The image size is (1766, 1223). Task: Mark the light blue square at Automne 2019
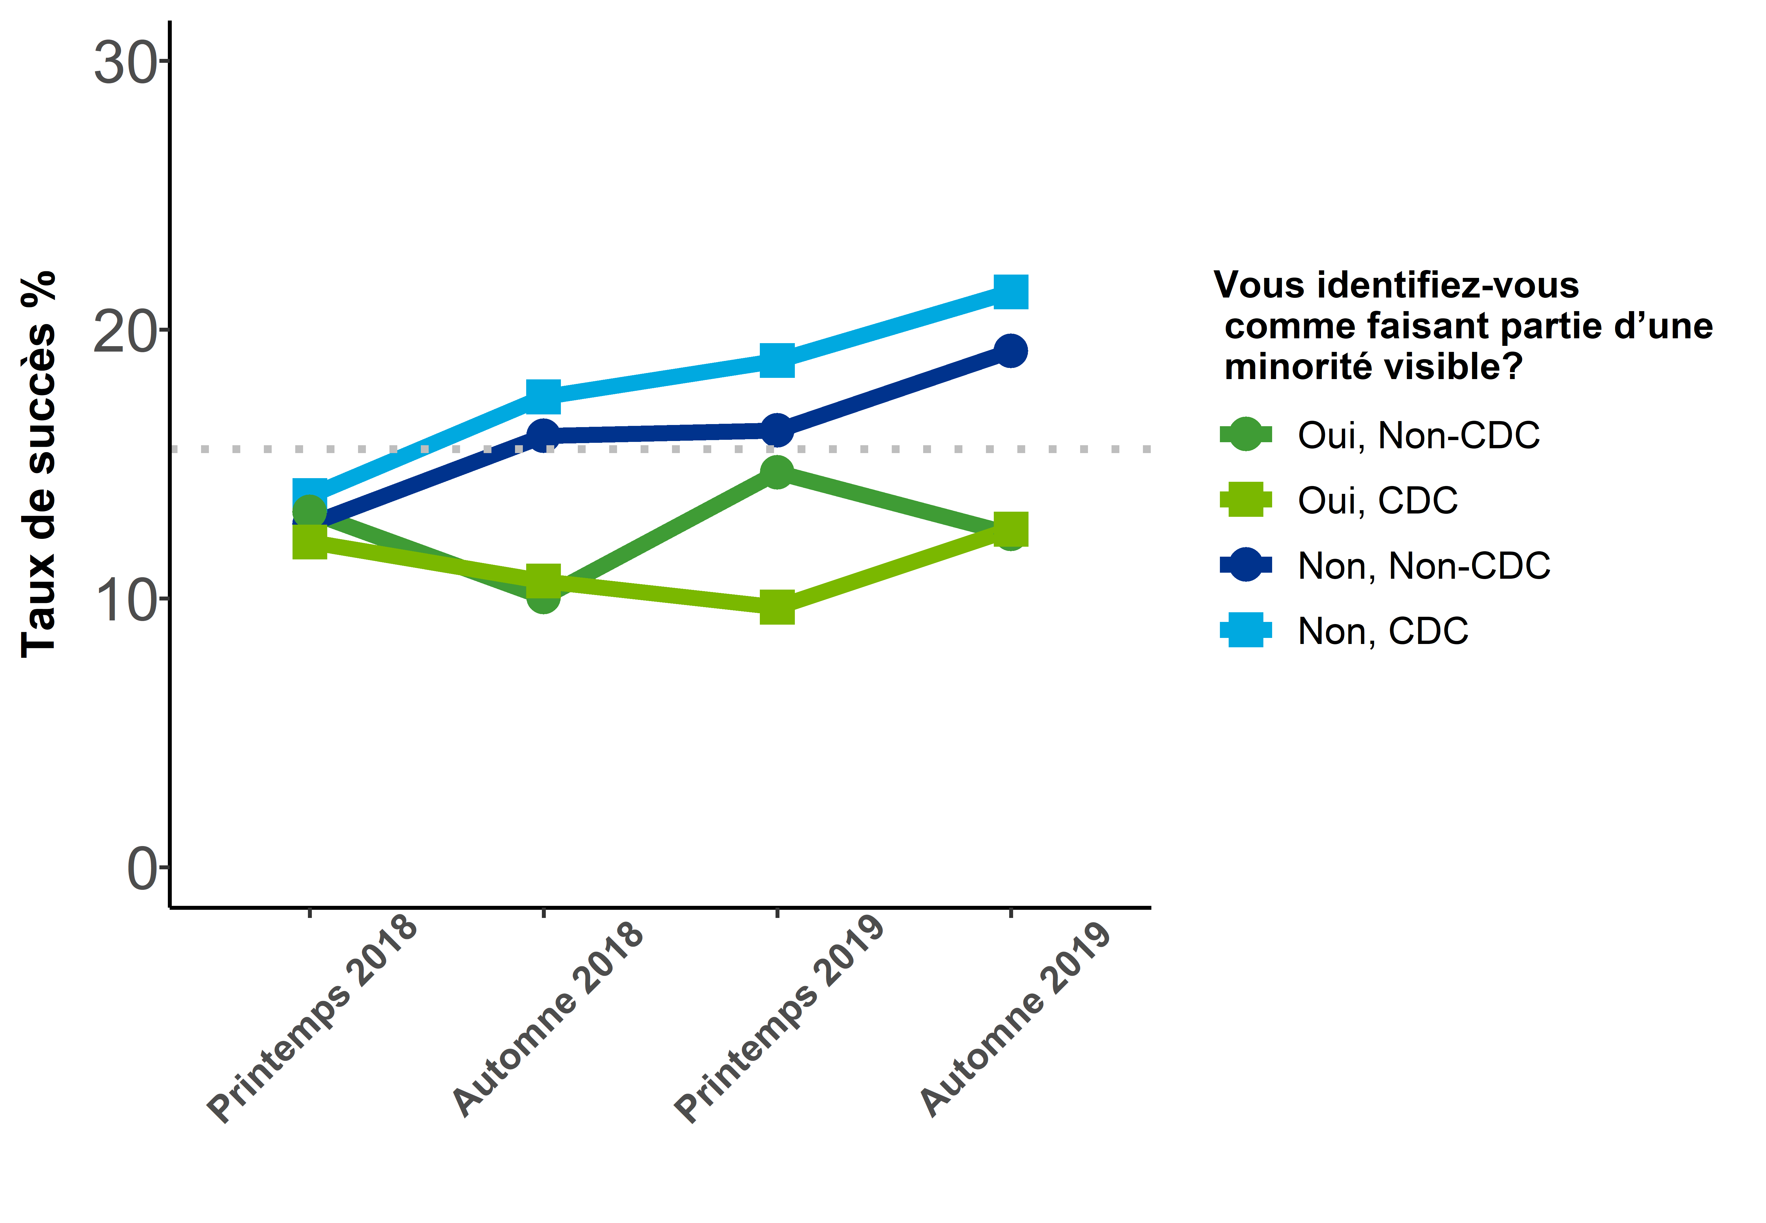[x=1011, y=292]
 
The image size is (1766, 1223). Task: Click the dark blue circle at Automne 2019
[x=1011, y=351]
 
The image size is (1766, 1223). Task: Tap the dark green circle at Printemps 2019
[x=777, y=472]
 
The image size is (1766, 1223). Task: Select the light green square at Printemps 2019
[x=777, y=608]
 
